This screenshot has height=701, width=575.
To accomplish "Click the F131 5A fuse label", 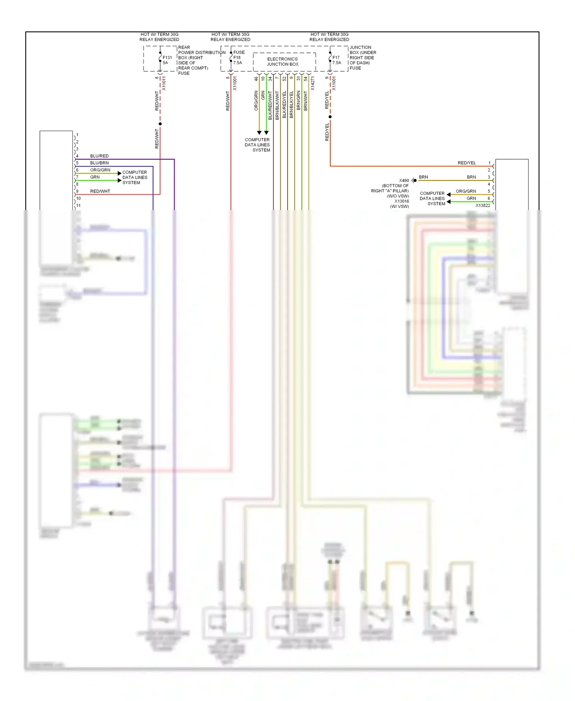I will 167,60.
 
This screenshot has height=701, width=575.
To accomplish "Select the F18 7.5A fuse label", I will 238,60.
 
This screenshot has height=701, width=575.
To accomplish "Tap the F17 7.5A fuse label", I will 337,60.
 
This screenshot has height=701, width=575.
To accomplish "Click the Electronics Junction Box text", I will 283,62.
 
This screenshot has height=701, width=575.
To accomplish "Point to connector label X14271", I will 312,83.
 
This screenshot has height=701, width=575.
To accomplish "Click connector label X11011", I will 164,83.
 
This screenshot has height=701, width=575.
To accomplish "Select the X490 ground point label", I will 404,180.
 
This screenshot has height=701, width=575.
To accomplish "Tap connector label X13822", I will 483,206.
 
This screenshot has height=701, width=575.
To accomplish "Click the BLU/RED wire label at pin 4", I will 99,156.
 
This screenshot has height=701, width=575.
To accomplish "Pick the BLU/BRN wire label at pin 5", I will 99,163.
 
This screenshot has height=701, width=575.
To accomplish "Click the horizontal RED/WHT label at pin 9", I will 100,191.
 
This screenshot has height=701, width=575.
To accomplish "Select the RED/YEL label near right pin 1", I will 467,163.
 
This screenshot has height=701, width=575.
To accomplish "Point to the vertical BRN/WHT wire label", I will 306,101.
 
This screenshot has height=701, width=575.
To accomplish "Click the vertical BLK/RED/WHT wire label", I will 270,105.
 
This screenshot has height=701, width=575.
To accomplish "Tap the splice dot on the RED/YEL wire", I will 330,117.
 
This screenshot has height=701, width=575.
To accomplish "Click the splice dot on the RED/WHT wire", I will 160,124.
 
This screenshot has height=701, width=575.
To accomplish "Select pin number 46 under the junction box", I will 256,79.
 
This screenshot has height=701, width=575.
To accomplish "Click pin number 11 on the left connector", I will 79,206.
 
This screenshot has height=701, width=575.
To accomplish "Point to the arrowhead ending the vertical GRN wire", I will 266,133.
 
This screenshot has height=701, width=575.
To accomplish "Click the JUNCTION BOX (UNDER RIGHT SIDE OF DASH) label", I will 362,58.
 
